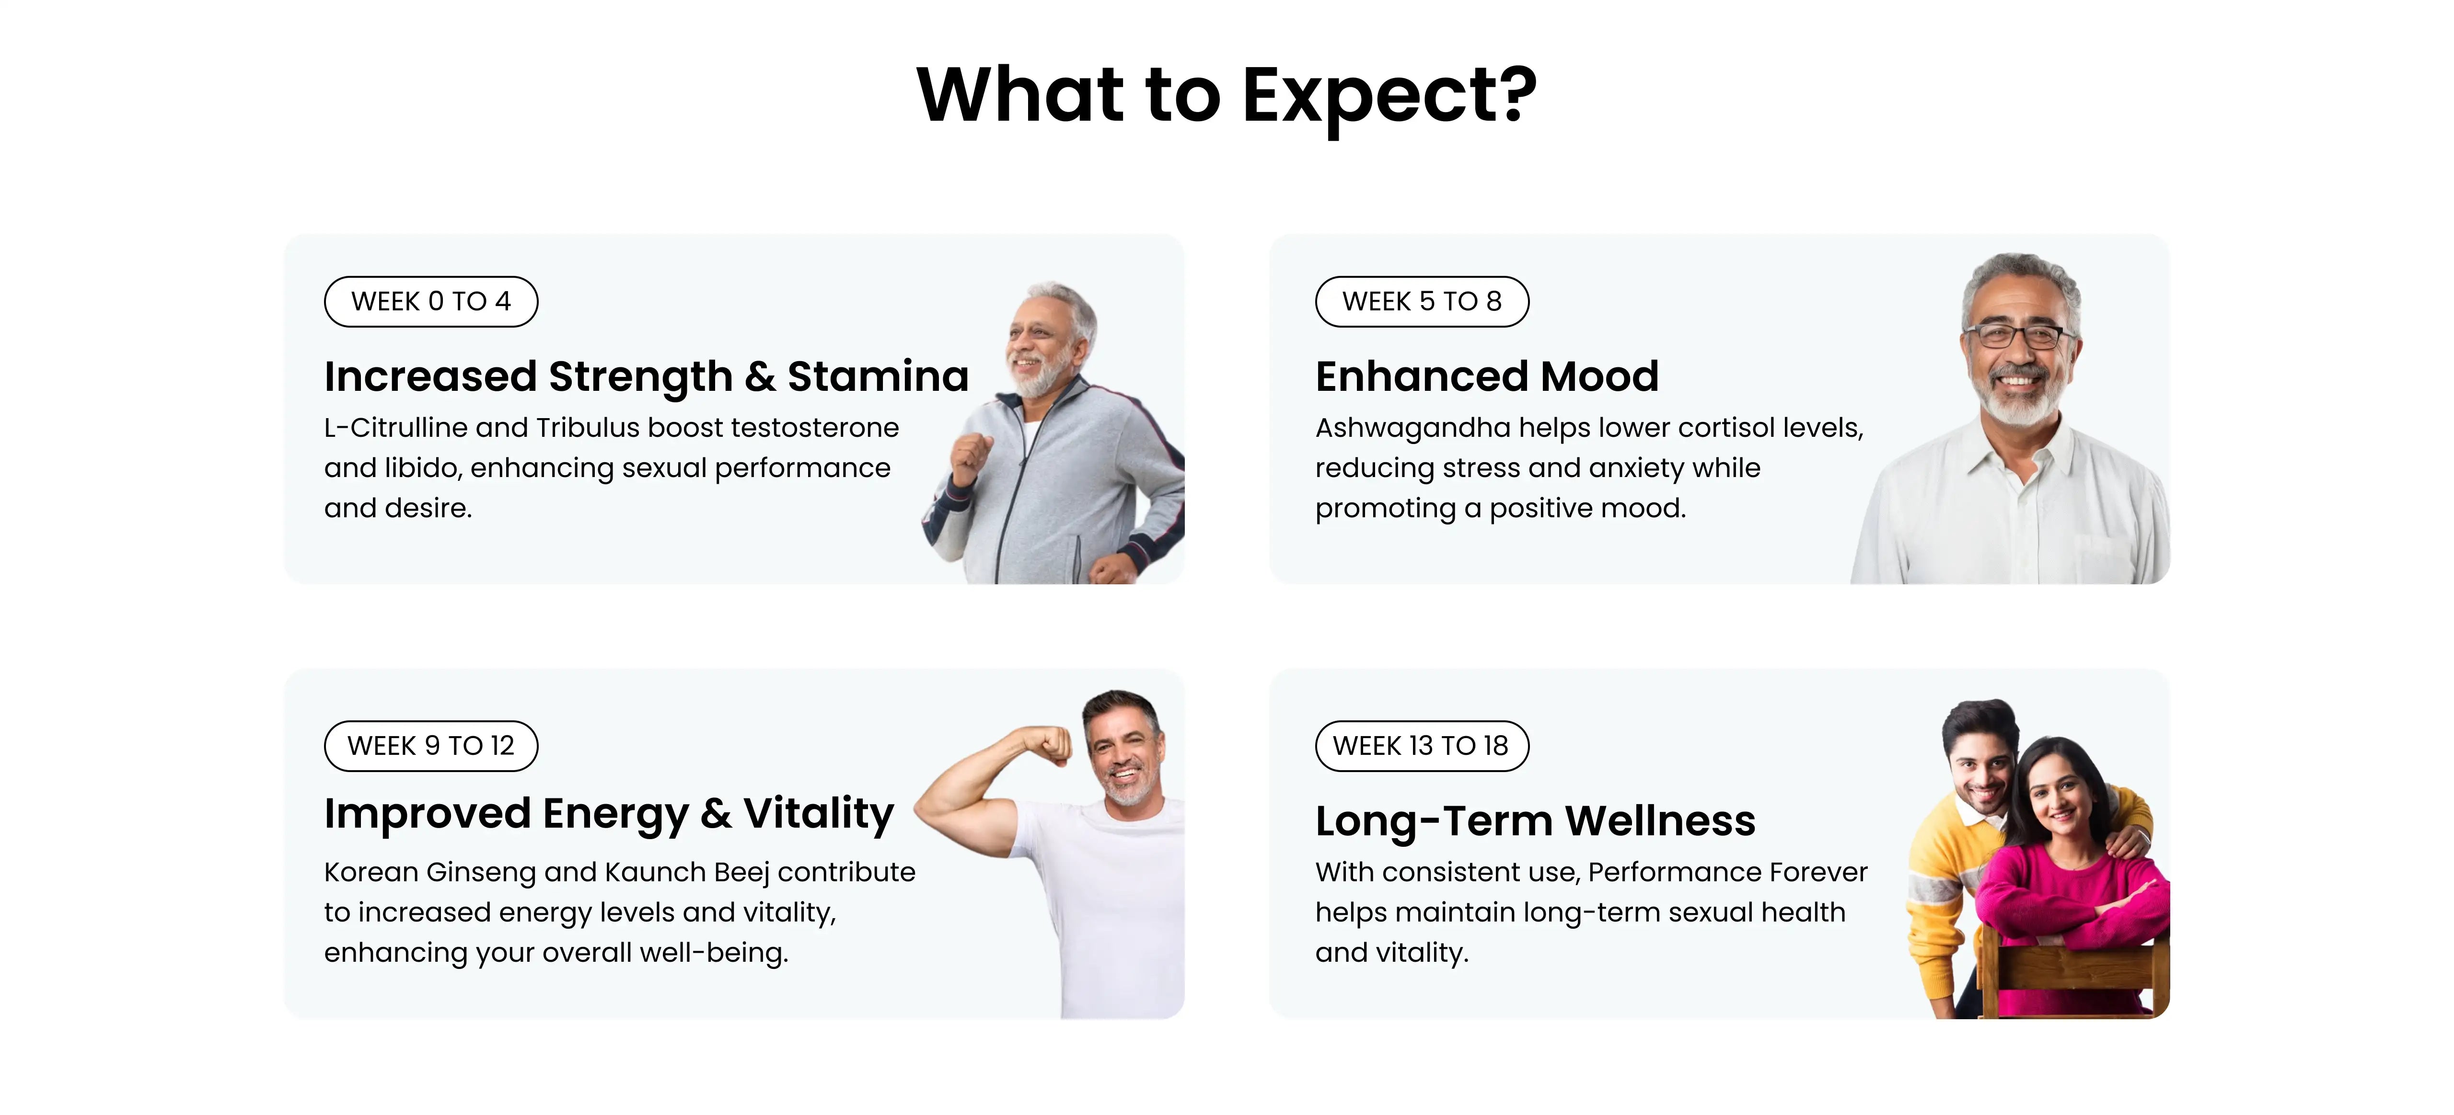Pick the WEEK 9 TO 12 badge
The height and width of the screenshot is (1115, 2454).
(430, 746)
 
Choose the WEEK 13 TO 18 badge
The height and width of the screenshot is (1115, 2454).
(1421, 746)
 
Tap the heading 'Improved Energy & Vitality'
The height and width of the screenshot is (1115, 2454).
(609, 814)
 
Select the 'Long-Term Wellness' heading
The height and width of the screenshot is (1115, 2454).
(1535, 821)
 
